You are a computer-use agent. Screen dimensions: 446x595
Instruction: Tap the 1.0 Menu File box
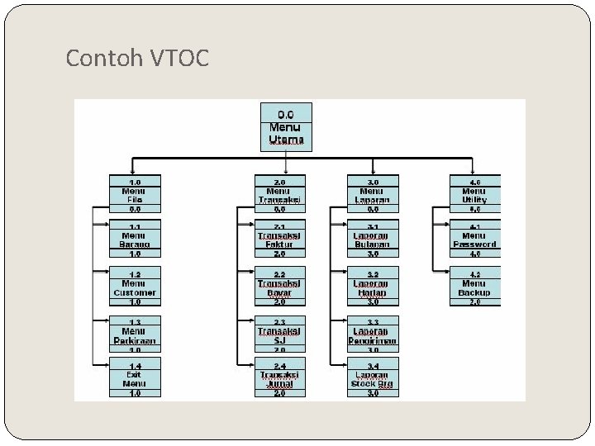click(136, 194)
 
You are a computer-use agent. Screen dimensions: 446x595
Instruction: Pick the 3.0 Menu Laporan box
click(374, 194)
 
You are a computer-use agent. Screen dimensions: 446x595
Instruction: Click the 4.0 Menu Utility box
click(474, 194)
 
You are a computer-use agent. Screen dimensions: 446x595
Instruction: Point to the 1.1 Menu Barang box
click(136, 240)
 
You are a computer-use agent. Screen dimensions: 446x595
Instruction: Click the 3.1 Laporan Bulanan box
click(374, 240)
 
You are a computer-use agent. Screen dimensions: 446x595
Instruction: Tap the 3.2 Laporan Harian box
click(374, 286)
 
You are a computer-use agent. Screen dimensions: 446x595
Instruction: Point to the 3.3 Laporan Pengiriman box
click(374, 334)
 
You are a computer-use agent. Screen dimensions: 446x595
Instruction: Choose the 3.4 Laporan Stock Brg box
click(374, 378)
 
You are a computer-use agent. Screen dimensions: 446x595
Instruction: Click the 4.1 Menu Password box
click(474, 240)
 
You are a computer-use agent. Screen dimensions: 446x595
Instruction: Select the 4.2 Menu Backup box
click(474, 286)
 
